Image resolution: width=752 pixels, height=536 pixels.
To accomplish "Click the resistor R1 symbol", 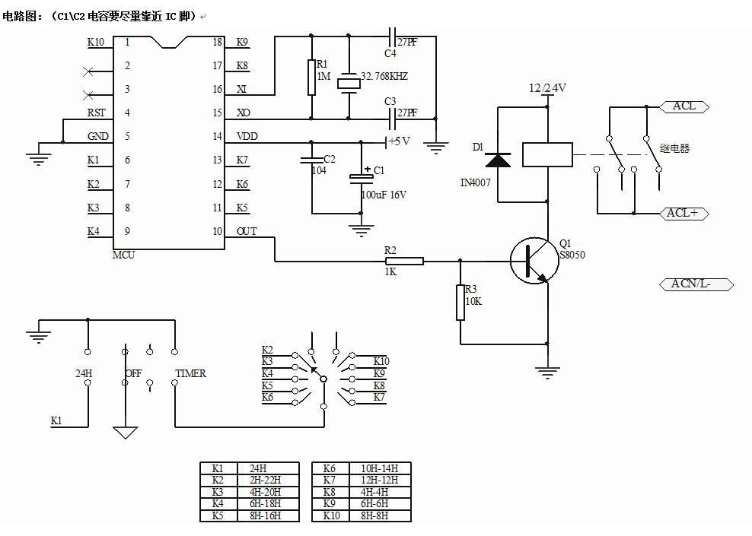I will pyautogui.click(x=311, y=78).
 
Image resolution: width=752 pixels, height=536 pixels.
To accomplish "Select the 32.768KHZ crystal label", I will pyautogui.click(x=384, y=77).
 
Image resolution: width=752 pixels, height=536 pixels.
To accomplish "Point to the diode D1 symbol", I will pyautogui.click(x=499, y=160).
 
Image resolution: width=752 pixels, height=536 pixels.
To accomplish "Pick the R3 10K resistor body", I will pyautogui.click(x=460, y=302).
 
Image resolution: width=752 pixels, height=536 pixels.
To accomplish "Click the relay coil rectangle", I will pyautogui.click(x=547, y=154).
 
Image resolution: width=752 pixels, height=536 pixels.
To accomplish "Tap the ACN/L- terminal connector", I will pyautogui.click(x=694, y=284).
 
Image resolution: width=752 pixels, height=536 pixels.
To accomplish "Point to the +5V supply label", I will pyautogui.click(x=399, y=141).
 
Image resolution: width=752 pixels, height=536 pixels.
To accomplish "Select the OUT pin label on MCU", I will pyautogui.click(x=247, y=231).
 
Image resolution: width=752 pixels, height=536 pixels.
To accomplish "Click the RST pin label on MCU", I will pyautogui.click(x=97, y=113).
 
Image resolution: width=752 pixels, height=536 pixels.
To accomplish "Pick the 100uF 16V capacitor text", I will pyautogui.click(x=384, y=195).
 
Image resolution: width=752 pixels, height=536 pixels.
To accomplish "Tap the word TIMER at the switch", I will pyautogui.click(x=191, y=373).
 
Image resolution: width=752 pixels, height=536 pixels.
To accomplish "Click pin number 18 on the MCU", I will pyautogui.click(x=218, y=42).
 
